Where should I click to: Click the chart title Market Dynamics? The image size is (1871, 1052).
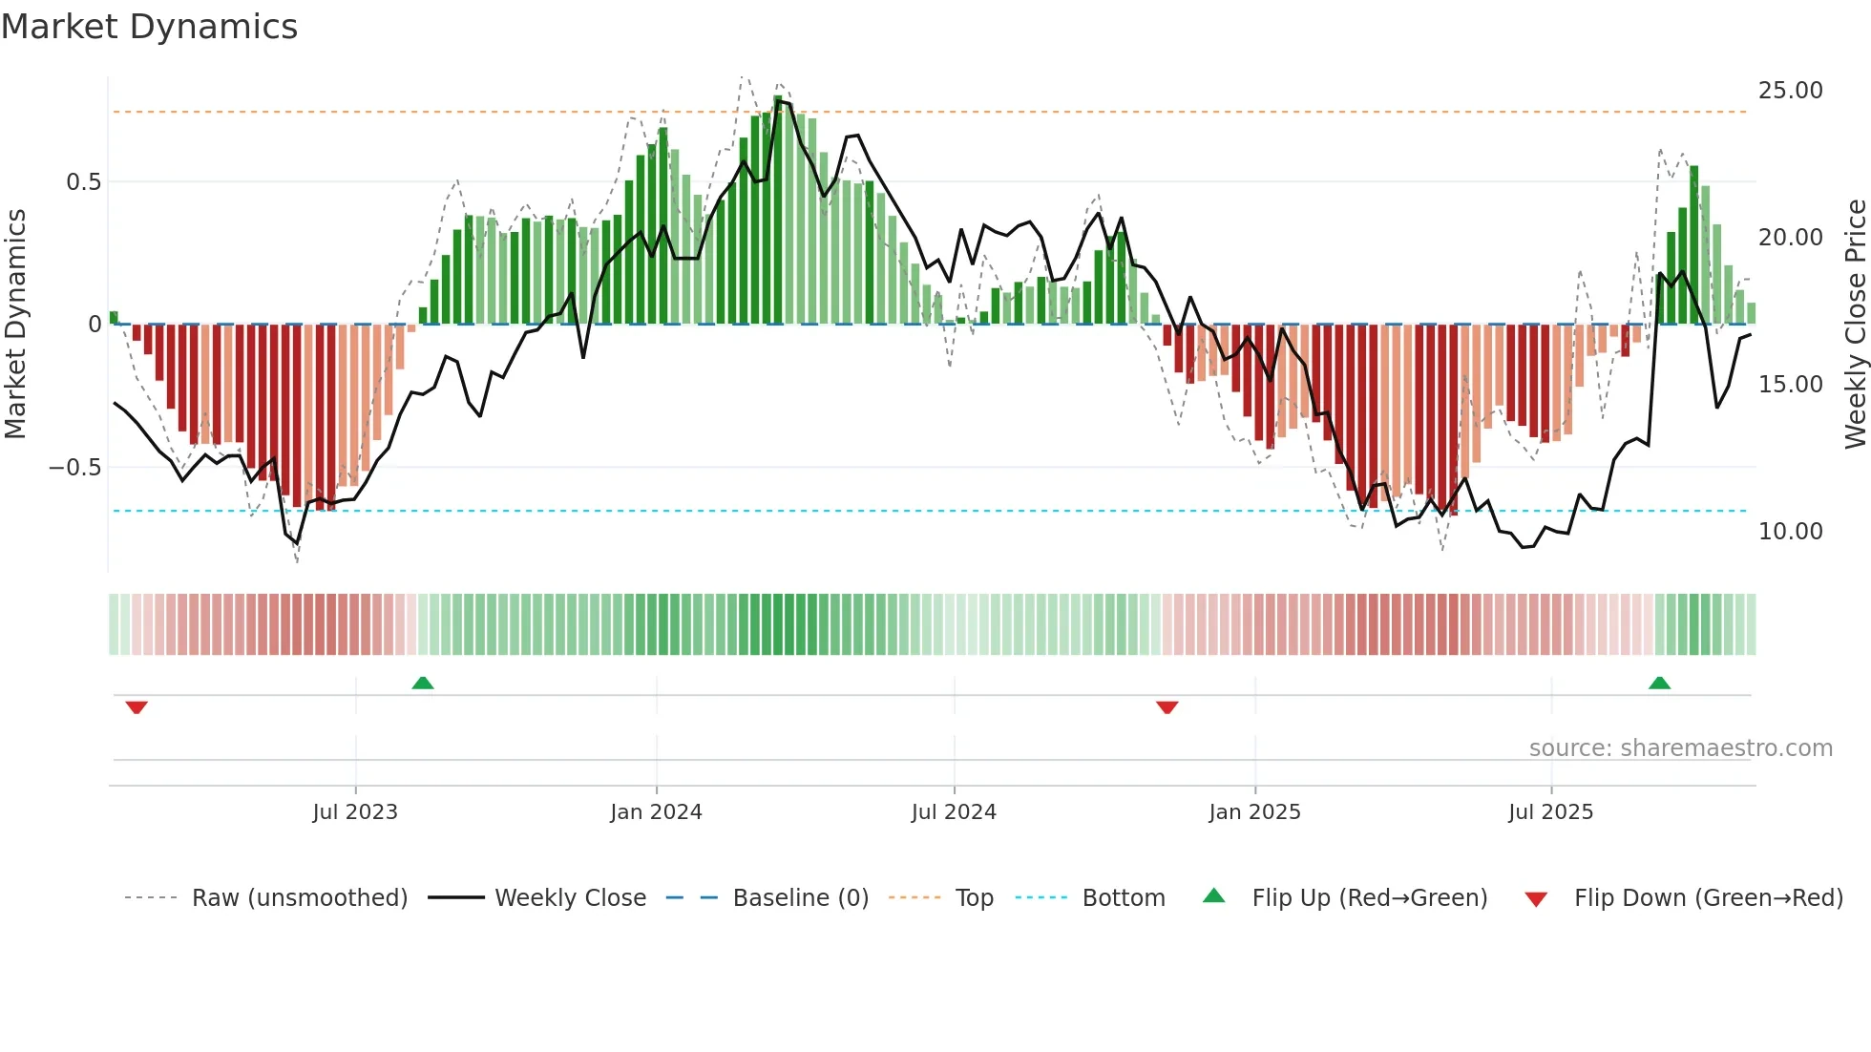pyautogui.click(x=150, y=27)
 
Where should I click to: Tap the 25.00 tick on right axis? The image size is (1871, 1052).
pyautogui.click(x=1790, y=91)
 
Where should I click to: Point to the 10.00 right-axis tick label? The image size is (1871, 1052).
pyautogui.click(x=1790, y=532)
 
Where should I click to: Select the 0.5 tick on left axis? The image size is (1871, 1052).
pyautogui.click(x=83, y=182)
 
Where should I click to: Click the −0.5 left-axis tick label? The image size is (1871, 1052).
pyautogui.click(x=75, y=468)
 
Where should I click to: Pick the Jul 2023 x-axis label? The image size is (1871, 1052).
pyautogui.click(x=355, y=812)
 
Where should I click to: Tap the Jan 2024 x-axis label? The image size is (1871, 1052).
pyautogui.click(x=656, y=812)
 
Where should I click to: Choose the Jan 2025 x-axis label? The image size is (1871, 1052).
pyautogui.click(x=1254, y=812)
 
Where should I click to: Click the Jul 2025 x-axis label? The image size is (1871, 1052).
pyautogui.click(x=1550, y=812)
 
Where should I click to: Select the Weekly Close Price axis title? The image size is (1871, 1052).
pyautogui.click(x=1855, y=325)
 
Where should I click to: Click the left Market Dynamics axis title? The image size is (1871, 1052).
pyautogui.click(x=16, y=325)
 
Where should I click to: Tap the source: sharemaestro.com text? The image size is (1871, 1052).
pyautogui.click(x=1680, y=748)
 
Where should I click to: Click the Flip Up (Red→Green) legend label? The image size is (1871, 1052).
pyautogui.click(x=1369, y=898)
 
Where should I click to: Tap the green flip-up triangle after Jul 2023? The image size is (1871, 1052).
pyautogui.click(x=423, y=683)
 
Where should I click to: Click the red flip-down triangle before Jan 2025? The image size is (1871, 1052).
pyautogui.click(x=1167, y=707)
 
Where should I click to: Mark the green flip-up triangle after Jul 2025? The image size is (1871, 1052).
pyautogui.click(x=1659, y=683)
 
